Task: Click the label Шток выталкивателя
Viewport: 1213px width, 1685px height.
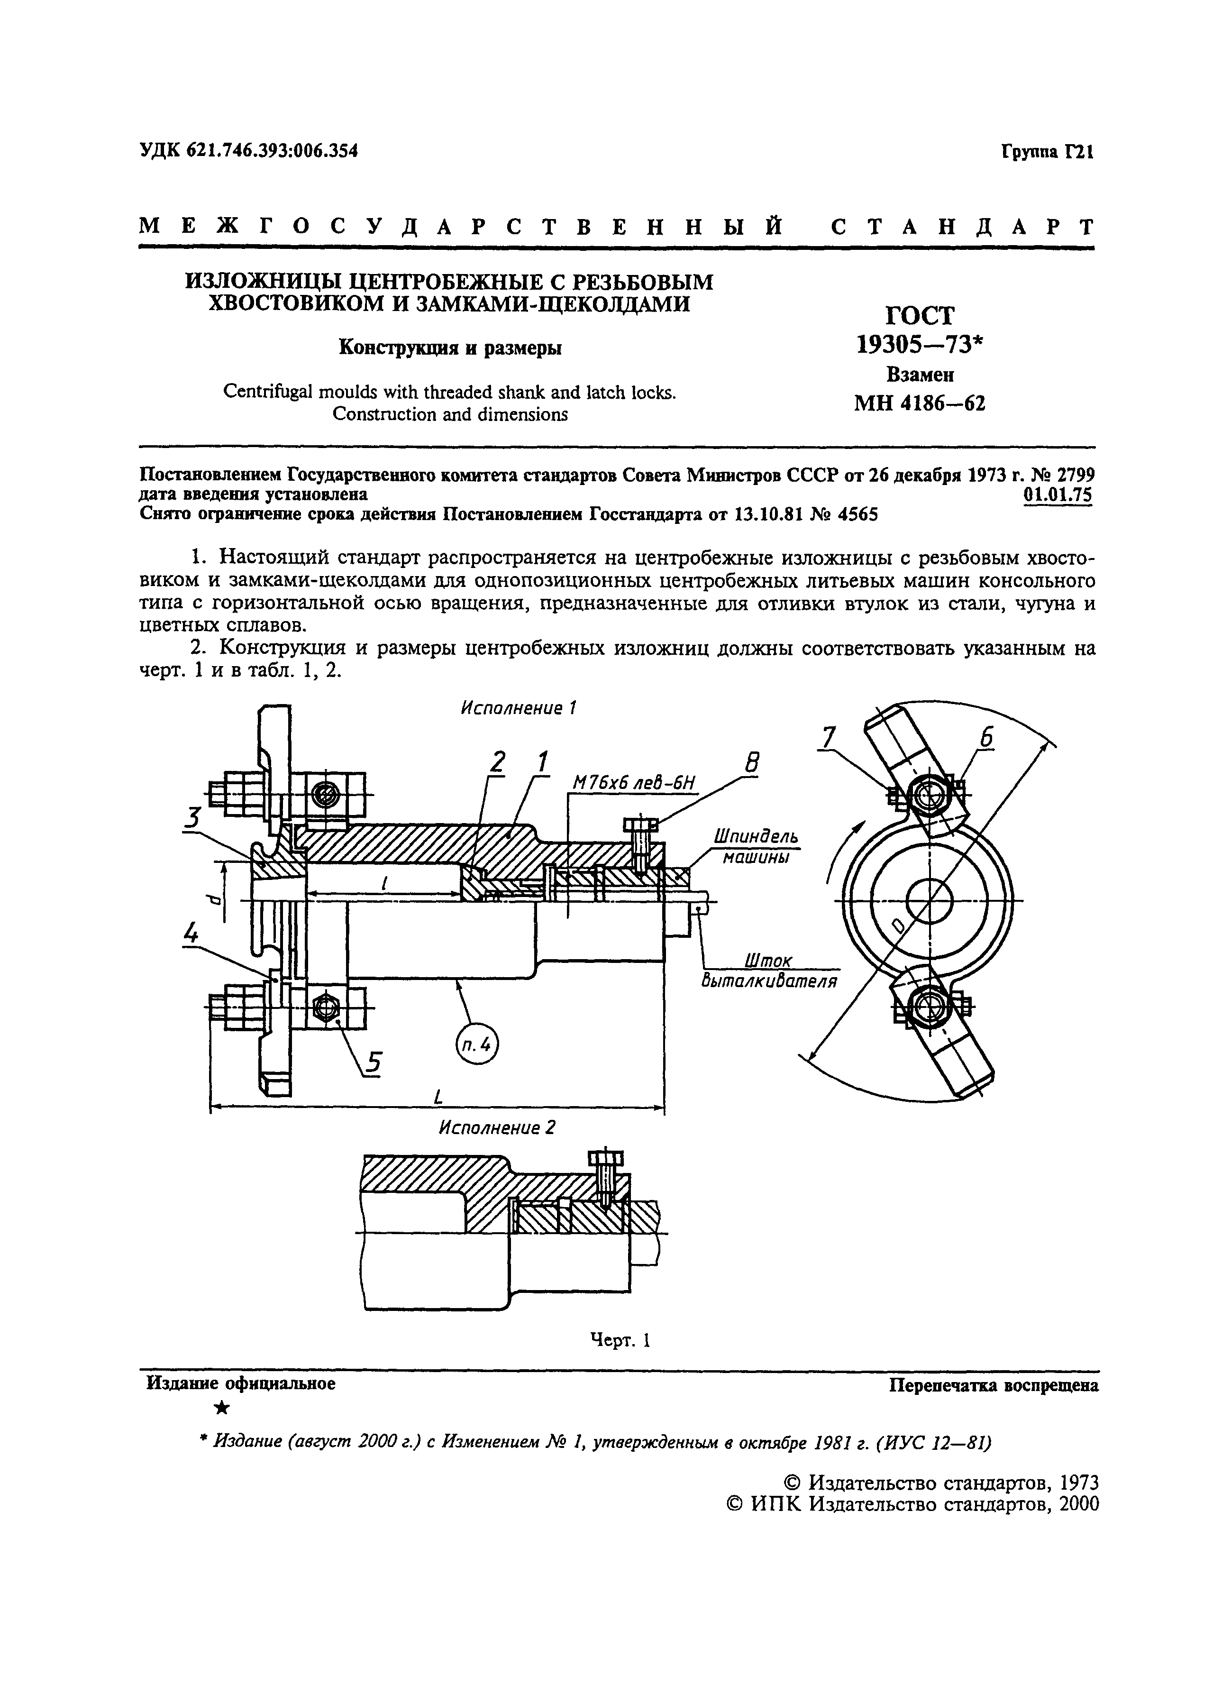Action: [x=769, y=971]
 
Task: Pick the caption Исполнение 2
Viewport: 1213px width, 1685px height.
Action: [x=496, y=1128]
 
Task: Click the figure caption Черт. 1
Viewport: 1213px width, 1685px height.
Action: [x=620, y=1339]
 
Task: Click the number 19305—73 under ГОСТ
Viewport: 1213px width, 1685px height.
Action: [x=920, y=345]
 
